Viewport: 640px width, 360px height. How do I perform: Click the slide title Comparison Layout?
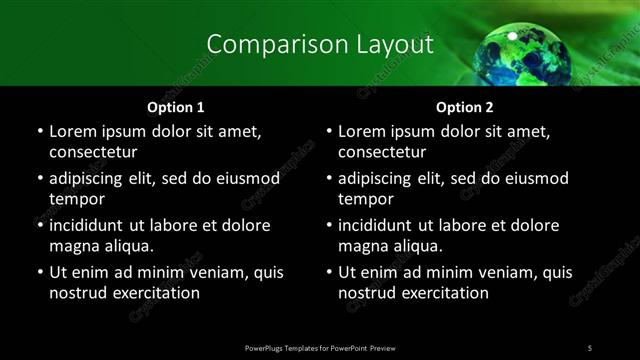click(320, 45)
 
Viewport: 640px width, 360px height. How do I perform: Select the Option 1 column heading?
click(175, 106)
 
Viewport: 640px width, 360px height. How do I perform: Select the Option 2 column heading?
click(465, 106)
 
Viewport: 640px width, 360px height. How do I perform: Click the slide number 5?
click(590, 347)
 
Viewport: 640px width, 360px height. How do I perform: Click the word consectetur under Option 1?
click(93, 152)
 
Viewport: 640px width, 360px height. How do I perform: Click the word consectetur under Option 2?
click(382, 152)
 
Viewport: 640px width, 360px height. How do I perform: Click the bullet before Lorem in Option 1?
click(39, 132)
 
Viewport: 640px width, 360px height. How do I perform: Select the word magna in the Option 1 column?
click(72, 246)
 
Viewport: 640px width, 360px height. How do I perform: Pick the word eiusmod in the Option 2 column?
click(536, 179)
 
